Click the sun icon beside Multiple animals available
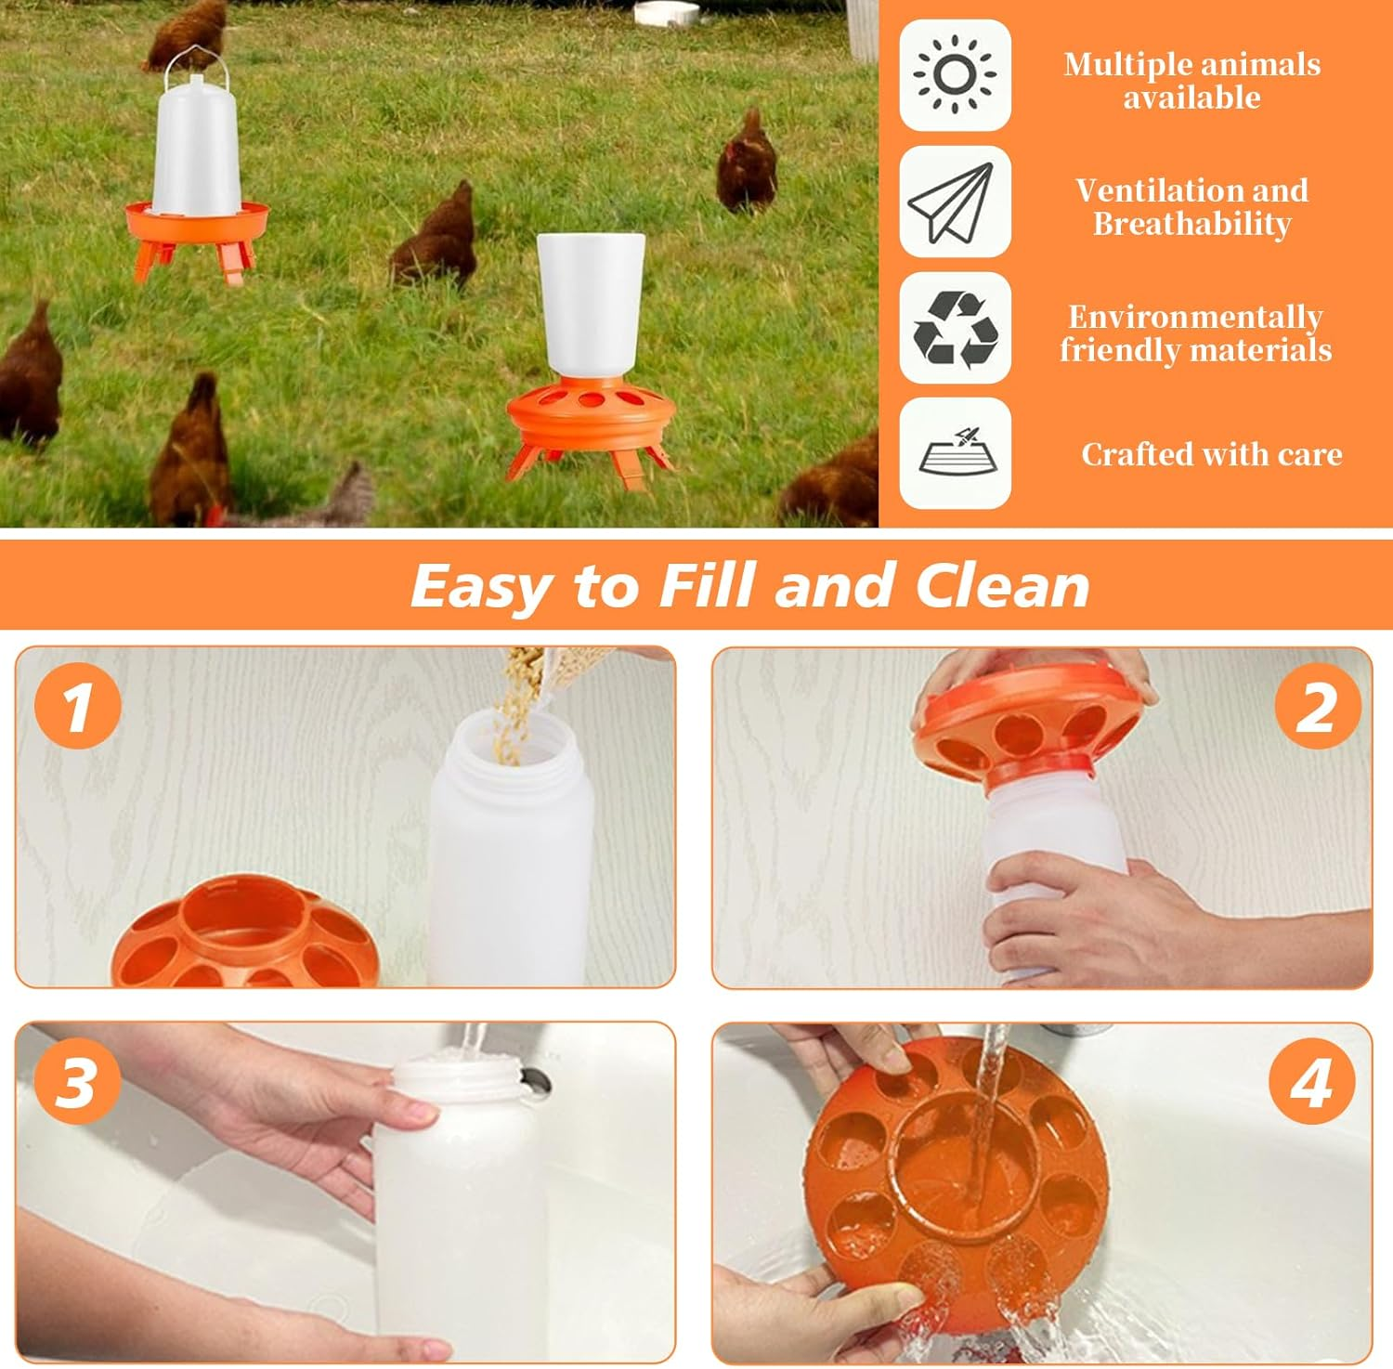(x=955, y=75)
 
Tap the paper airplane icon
(x=955, y=202)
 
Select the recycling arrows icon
(x=955, y=328)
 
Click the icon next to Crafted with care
(x=955, y=453)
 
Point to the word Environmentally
(x=1195, y=317)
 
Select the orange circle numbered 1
(x=78, y=705)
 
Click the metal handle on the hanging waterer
(x=194, y=58)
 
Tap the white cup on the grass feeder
(x=591, y=302)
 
